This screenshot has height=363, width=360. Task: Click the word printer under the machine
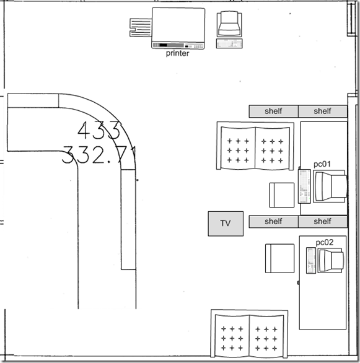point(177,53)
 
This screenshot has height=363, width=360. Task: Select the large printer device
point(178,28)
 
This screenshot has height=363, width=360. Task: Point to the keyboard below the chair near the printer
point(229,43)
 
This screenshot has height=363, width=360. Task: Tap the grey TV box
point(225,223)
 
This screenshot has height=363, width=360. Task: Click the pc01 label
point(322,164)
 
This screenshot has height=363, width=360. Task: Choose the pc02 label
point(325,243)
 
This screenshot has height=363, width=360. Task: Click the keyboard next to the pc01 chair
point(304,186)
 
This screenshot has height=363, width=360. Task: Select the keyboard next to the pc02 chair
point(310,261)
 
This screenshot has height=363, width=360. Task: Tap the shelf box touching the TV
point(273,221)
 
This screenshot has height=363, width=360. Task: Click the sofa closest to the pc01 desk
point(255,146)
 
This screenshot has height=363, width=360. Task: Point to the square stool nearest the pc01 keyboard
point(281,195)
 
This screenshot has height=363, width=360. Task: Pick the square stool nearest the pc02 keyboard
point(279,258)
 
